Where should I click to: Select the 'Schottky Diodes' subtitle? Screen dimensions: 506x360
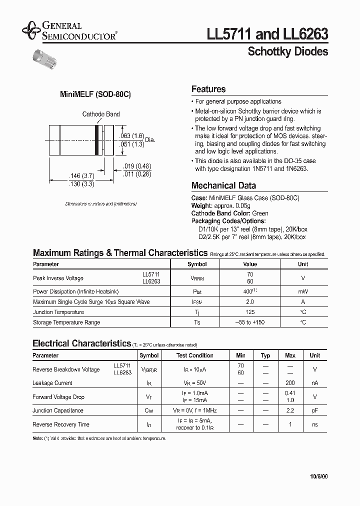click(288, 51)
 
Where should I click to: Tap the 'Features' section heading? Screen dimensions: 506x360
click(208, 89)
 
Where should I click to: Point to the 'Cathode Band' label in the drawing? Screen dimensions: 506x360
click(101, 114)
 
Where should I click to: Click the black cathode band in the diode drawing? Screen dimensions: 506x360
click(96, 139)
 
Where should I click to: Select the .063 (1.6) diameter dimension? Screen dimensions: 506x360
click(132, 136)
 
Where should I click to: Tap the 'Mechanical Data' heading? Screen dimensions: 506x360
click(223, 185)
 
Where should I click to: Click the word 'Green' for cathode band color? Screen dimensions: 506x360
click(260, 213)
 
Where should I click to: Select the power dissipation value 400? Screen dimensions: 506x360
click(248, 291)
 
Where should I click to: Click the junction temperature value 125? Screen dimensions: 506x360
click(250, 312)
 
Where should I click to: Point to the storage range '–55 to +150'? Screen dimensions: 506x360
click(250, 322)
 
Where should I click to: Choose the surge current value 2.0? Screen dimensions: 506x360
click(250, 302)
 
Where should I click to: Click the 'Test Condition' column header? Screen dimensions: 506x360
click(194, 355)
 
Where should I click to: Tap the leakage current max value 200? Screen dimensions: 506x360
click(290, 383)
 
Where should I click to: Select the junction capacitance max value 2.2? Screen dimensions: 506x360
click(290, 410)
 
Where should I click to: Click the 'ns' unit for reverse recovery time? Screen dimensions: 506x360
click(314, 424)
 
